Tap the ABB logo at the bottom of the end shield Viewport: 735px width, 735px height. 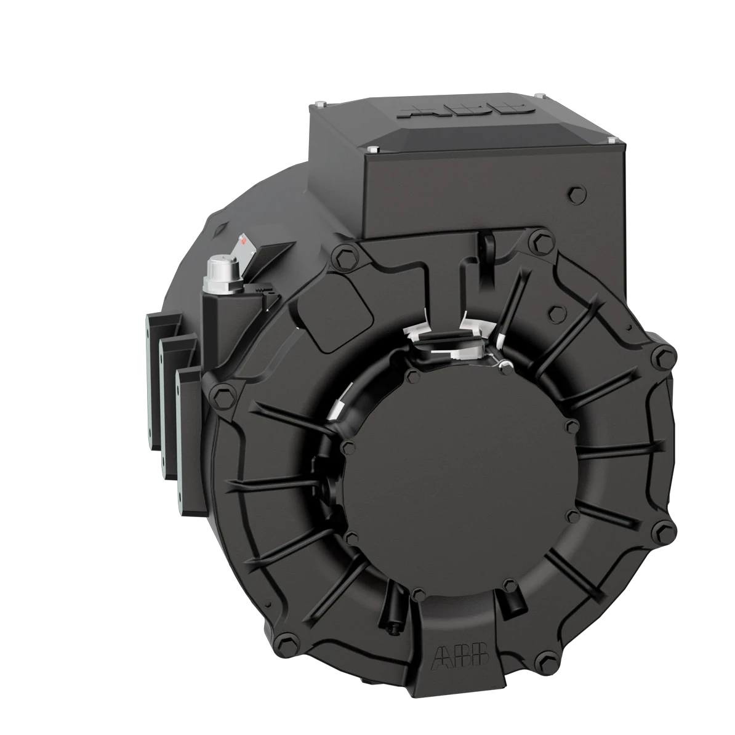click(462, 655)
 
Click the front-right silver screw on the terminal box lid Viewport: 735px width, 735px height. click(611, 142)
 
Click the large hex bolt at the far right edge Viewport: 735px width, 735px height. click(662, 356)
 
